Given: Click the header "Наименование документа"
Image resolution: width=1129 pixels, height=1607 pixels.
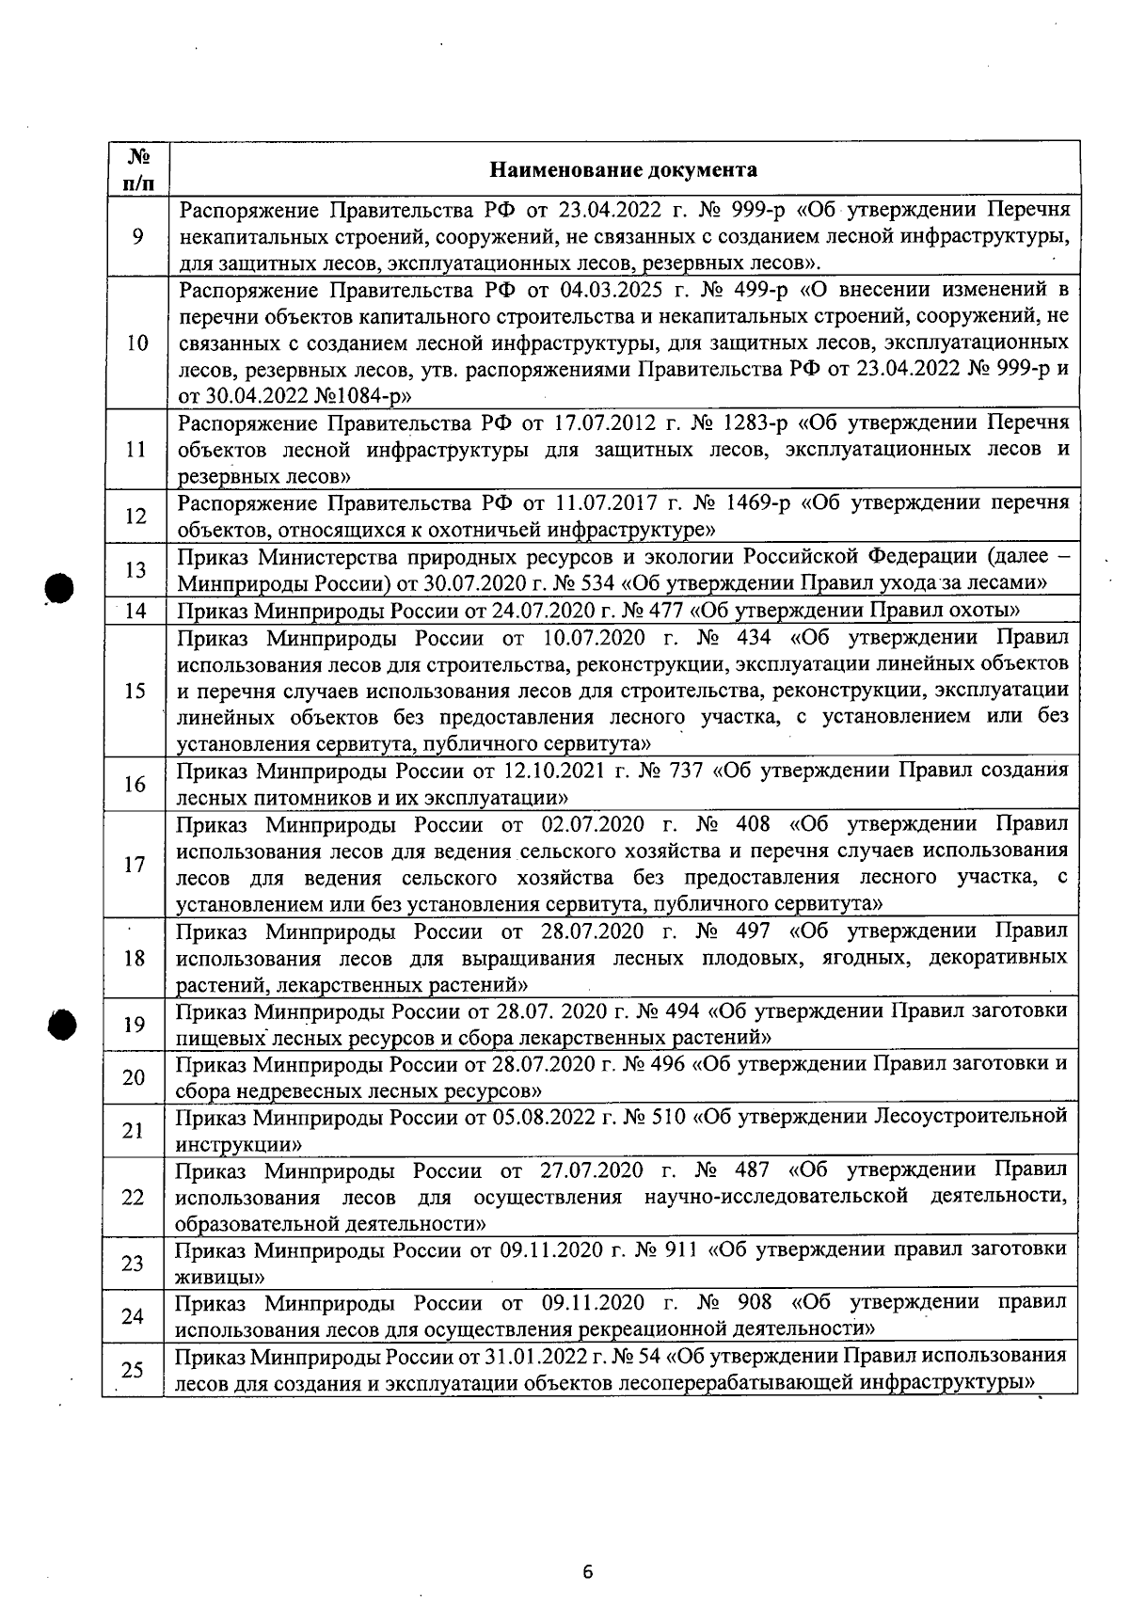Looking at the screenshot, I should [623, 170].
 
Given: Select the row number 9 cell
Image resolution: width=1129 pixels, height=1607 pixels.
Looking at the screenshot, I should [137, 236].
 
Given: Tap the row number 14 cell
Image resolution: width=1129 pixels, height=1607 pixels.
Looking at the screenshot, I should [135, 612].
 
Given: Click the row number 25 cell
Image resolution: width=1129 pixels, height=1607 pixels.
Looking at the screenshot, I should [133, 1369].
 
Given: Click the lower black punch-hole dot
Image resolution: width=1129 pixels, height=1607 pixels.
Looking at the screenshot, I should [62, 1024].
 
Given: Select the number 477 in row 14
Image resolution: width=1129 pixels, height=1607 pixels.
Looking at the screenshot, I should [666, 611].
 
